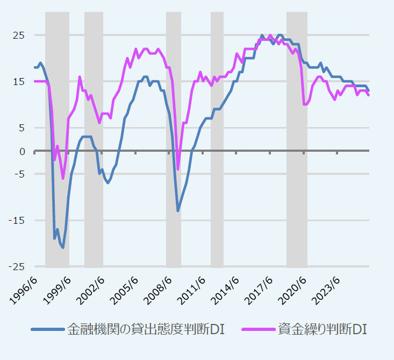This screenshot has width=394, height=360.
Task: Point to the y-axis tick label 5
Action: pos(22,128)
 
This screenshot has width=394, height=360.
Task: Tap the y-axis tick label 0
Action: pos(22,151)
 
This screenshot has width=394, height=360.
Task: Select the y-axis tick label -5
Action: pos(19,174)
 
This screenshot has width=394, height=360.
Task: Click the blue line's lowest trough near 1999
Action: pos(63,248)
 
